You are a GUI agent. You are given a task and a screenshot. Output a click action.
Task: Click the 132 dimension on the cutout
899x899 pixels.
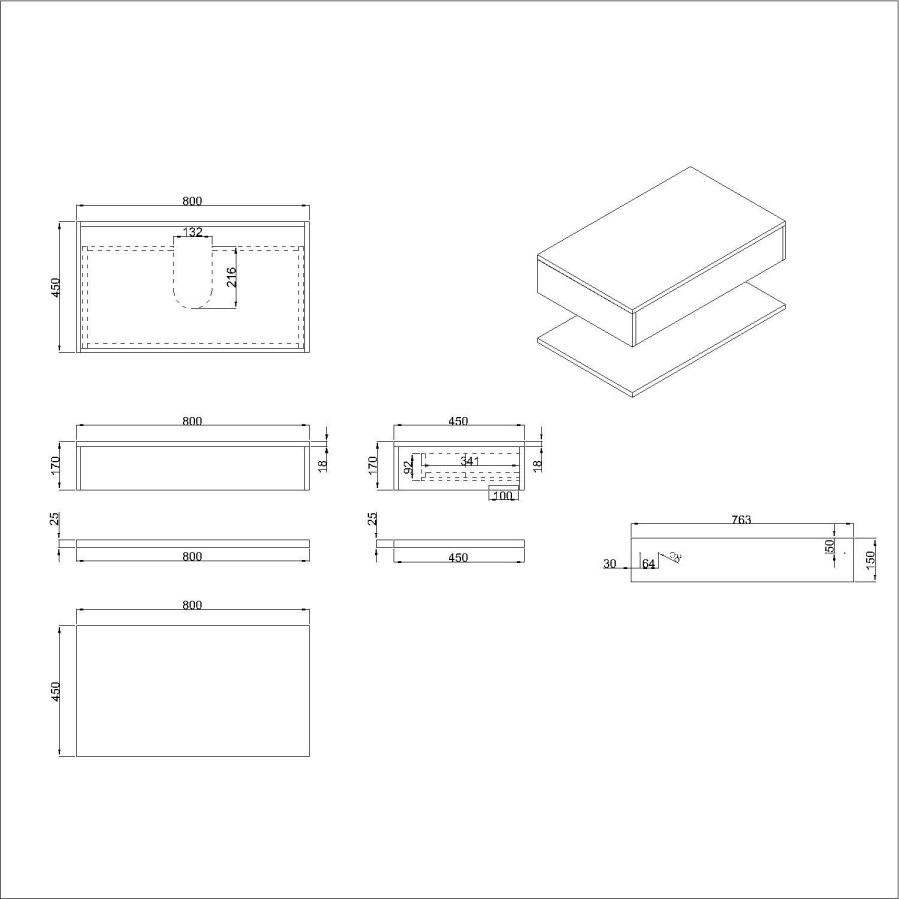tap(193, 232)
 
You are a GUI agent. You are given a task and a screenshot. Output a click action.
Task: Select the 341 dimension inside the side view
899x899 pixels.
tap(471, 461)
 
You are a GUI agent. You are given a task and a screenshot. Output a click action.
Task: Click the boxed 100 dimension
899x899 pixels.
tap(502, 495)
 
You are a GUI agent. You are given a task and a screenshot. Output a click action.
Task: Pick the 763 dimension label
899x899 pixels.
tap(740, 519)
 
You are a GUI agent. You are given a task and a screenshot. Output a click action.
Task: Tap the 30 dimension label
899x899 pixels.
tap(609, 564)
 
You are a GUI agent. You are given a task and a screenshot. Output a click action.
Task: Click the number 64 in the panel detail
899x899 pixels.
tap(649, 565)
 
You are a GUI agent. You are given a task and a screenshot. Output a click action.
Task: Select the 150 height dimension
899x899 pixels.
tap(870, 559)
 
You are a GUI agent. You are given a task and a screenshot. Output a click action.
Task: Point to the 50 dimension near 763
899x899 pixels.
tap(829, 547)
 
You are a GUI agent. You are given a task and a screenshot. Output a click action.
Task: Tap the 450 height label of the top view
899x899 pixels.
tap(56, 288)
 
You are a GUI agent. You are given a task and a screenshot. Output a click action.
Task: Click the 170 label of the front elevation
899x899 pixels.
tap(57, 465)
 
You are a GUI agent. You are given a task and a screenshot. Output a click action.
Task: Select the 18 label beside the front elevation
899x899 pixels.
tap(322, 465)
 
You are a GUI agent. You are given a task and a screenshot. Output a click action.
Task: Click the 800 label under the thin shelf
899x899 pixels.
tap(192, 557)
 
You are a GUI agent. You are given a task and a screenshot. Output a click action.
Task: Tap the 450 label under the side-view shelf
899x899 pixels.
tap(458, 558)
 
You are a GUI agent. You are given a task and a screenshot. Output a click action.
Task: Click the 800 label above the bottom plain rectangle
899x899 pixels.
tap(192, 605)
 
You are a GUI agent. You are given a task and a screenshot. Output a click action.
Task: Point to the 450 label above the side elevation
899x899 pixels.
tap(458, 422)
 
